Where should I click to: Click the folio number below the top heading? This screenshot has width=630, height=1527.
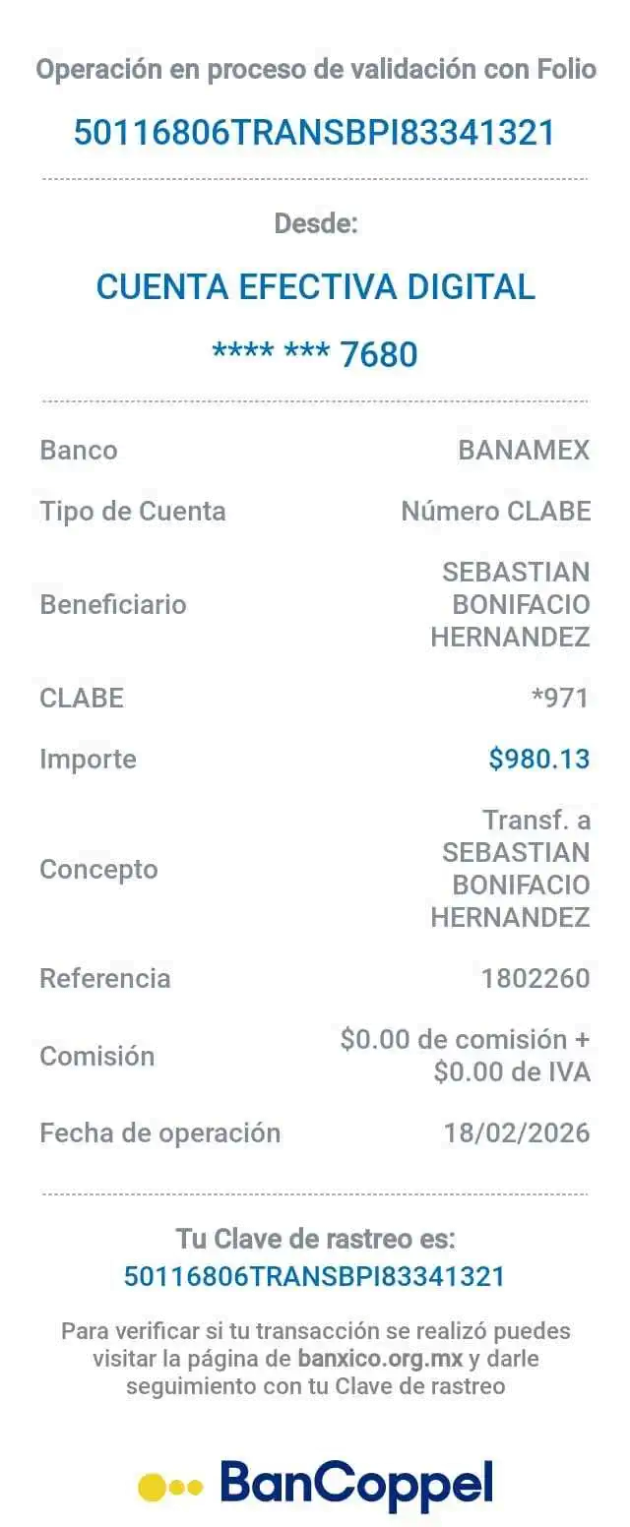[x=315, y=131]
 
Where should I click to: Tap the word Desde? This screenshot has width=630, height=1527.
[x=315, y=224]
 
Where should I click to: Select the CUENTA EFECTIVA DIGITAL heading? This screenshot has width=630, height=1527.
[x=315, y=287]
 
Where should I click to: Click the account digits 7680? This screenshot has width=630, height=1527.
[x=379, y=354]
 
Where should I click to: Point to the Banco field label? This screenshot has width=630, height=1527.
[x=78, y=451]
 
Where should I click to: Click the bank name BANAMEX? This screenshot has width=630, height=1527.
[x=524, y=451]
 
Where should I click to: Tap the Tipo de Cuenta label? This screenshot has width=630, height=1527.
[x=133, y=512]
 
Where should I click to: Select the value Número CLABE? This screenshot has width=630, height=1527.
[x=496, y=512]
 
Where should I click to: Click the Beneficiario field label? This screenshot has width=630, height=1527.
[x=113, y=604]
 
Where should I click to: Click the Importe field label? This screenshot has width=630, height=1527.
[x=88, y=759]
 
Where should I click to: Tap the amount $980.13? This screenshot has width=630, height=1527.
[x=539, y=759]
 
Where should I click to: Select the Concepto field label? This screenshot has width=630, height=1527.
[x=98, y=870]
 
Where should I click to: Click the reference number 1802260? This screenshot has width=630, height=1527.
[x=535, y=978]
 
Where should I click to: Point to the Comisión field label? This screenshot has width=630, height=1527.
[x=97, y=1057]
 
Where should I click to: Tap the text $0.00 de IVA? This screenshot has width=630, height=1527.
[x=512, y=1071]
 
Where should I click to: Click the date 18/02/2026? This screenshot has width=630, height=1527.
[x=518, y=1132]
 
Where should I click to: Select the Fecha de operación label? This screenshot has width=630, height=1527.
[x=159, y=1133]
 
